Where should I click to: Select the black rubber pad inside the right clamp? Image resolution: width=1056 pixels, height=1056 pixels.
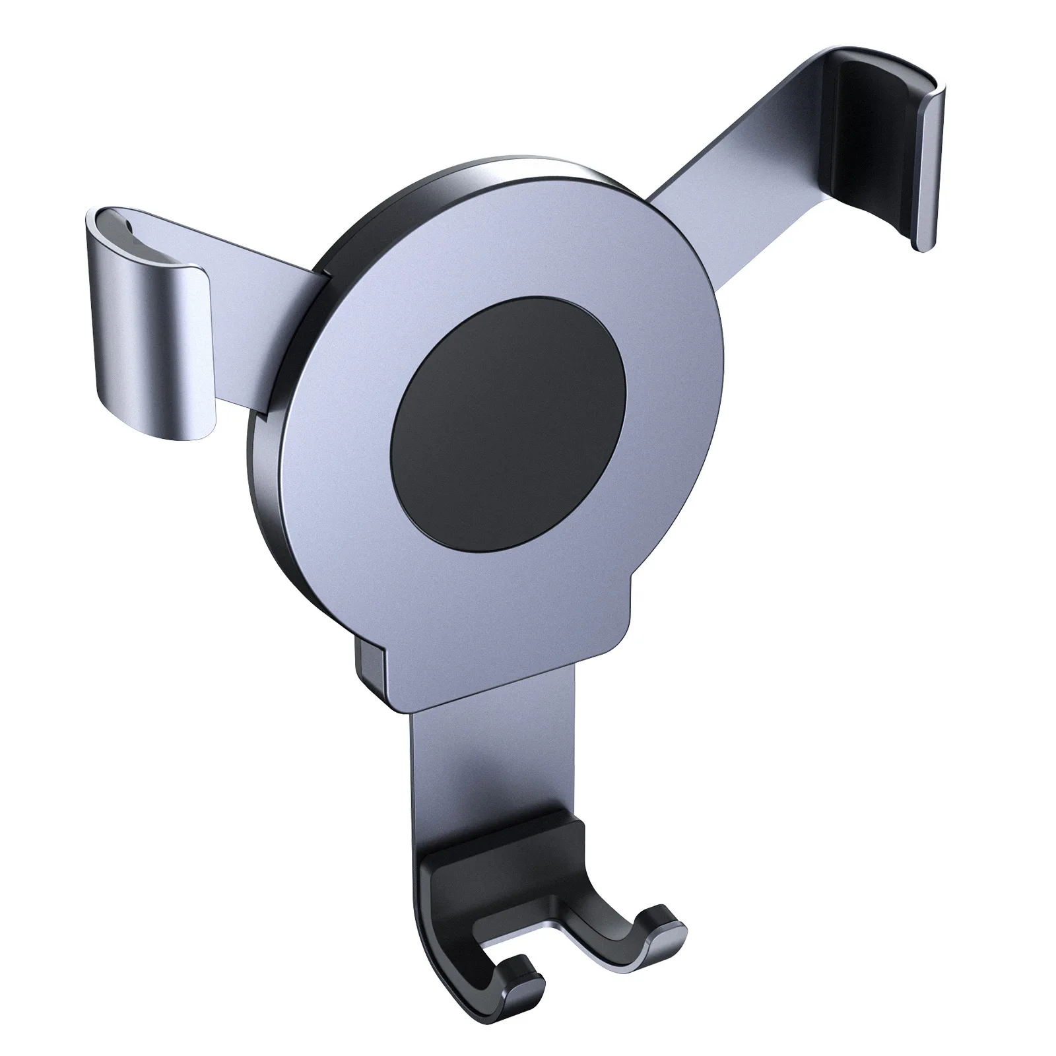(x=871, y=145)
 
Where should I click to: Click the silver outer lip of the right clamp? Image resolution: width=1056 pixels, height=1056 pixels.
(x=930, y=172)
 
